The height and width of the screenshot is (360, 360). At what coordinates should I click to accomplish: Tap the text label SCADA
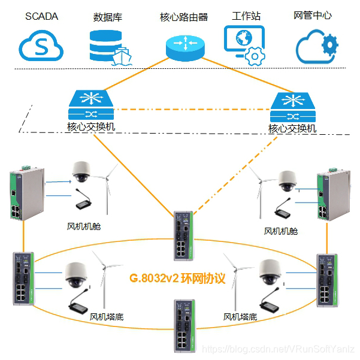coord(41,16)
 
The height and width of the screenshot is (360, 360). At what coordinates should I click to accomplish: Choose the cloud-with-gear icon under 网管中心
coord(317,44)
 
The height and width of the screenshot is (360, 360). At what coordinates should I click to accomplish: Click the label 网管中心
coord(313,16)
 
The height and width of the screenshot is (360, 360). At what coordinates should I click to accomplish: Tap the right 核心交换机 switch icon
coord(292,107)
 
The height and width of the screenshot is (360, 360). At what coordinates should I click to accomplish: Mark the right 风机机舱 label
coord(281,231)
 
